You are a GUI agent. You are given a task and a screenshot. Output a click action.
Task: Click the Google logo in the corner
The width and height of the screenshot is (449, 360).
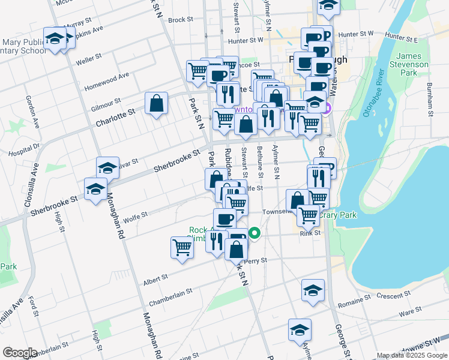point(20,353)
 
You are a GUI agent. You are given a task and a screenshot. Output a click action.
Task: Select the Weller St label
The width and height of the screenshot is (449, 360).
point(88,60)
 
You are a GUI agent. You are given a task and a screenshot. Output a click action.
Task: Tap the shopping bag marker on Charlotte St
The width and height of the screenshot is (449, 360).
point(156,104)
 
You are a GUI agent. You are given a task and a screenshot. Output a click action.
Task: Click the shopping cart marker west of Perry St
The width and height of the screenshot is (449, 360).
point(182,247)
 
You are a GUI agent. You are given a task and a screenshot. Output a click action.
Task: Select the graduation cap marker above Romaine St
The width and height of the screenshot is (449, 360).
point(313,290)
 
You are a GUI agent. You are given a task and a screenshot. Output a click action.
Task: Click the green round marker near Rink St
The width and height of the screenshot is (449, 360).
point(255,234)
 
